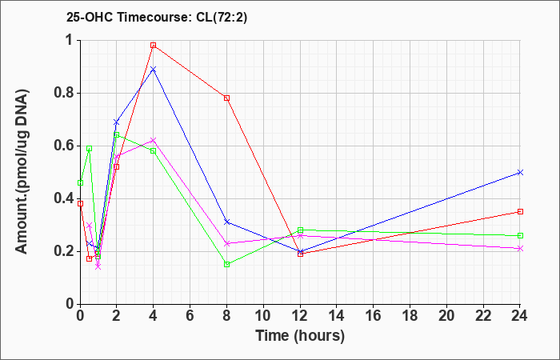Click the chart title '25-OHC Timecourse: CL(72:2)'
[x=157, y=18]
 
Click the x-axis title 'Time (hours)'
[x=300, y=336]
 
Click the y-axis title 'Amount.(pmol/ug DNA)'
[x=22, y=172]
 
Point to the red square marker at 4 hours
[x=154, y=46]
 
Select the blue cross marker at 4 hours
[x=154, y=69]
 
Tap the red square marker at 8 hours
[x=226, y=98]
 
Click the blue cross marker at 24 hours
[x=520, y=173]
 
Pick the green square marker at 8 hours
[x=226, y=264]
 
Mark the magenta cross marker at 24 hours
[x=520, y=249]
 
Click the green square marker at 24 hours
[x=520, y=236]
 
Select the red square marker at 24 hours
[x=520, y=212]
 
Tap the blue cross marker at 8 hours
[x=226, y=222]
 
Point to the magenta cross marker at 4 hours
[x=154, y=140]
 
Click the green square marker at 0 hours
[x=80, y=183]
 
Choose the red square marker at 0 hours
[x=80, y=203]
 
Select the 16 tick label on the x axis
[x=374, y=316]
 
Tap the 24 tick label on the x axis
[x=520, y=316]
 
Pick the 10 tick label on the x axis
[x=263, y=316]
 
